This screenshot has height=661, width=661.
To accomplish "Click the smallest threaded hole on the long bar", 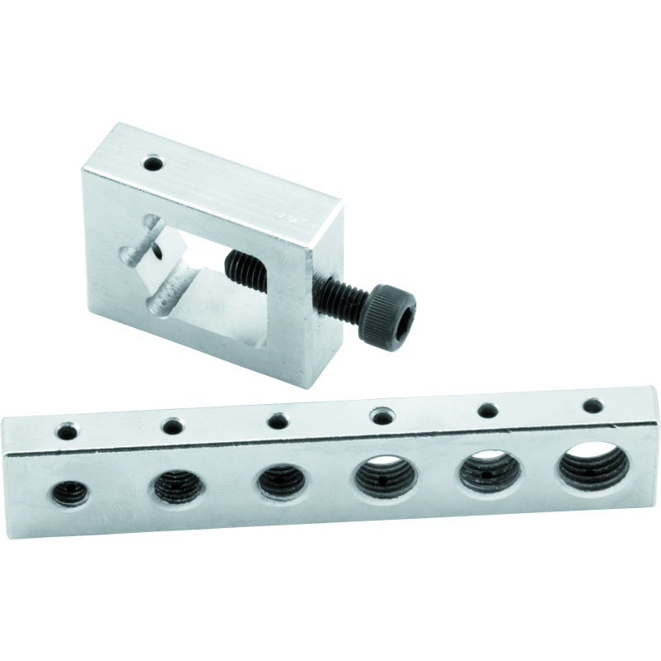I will (69, 493).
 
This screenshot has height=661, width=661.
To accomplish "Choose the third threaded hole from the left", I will (278, 481).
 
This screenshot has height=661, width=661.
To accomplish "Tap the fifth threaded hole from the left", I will (487, 471).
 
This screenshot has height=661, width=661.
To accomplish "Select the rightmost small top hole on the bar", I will (592, 405).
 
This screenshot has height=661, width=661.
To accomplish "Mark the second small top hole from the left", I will (173, 426).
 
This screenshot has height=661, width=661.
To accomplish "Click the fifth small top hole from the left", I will (487, 410).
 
